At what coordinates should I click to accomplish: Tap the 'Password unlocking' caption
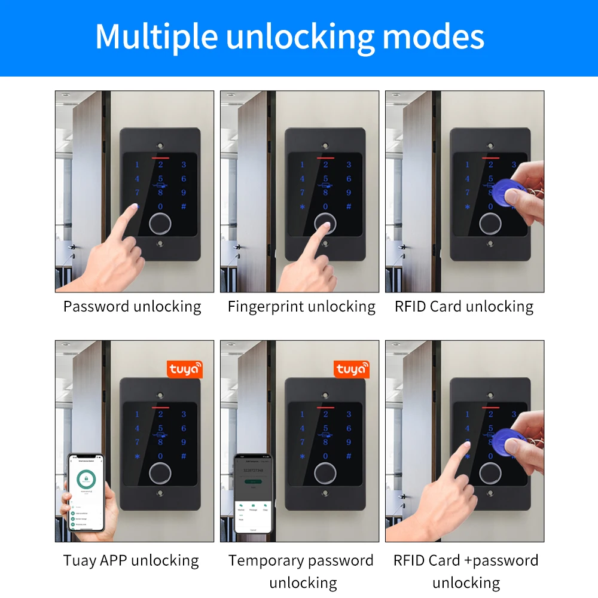(132, 307)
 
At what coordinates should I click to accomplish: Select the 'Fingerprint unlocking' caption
(301, 307)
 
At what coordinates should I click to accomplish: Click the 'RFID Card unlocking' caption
(464, 307)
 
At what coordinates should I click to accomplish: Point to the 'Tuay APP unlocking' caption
(131, 560)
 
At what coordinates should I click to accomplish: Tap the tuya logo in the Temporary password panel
(351, 370)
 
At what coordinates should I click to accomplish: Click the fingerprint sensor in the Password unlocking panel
(160, 224)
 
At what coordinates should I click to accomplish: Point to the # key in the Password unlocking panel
(184, 207)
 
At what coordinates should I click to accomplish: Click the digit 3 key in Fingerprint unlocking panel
(349, 164)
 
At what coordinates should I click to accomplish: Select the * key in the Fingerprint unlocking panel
(302, 207)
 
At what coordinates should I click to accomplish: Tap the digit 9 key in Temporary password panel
(349, 442)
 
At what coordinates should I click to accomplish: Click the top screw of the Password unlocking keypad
(160, 145)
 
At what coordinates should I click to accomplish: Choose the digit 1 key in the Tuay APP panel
(137, 414)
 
